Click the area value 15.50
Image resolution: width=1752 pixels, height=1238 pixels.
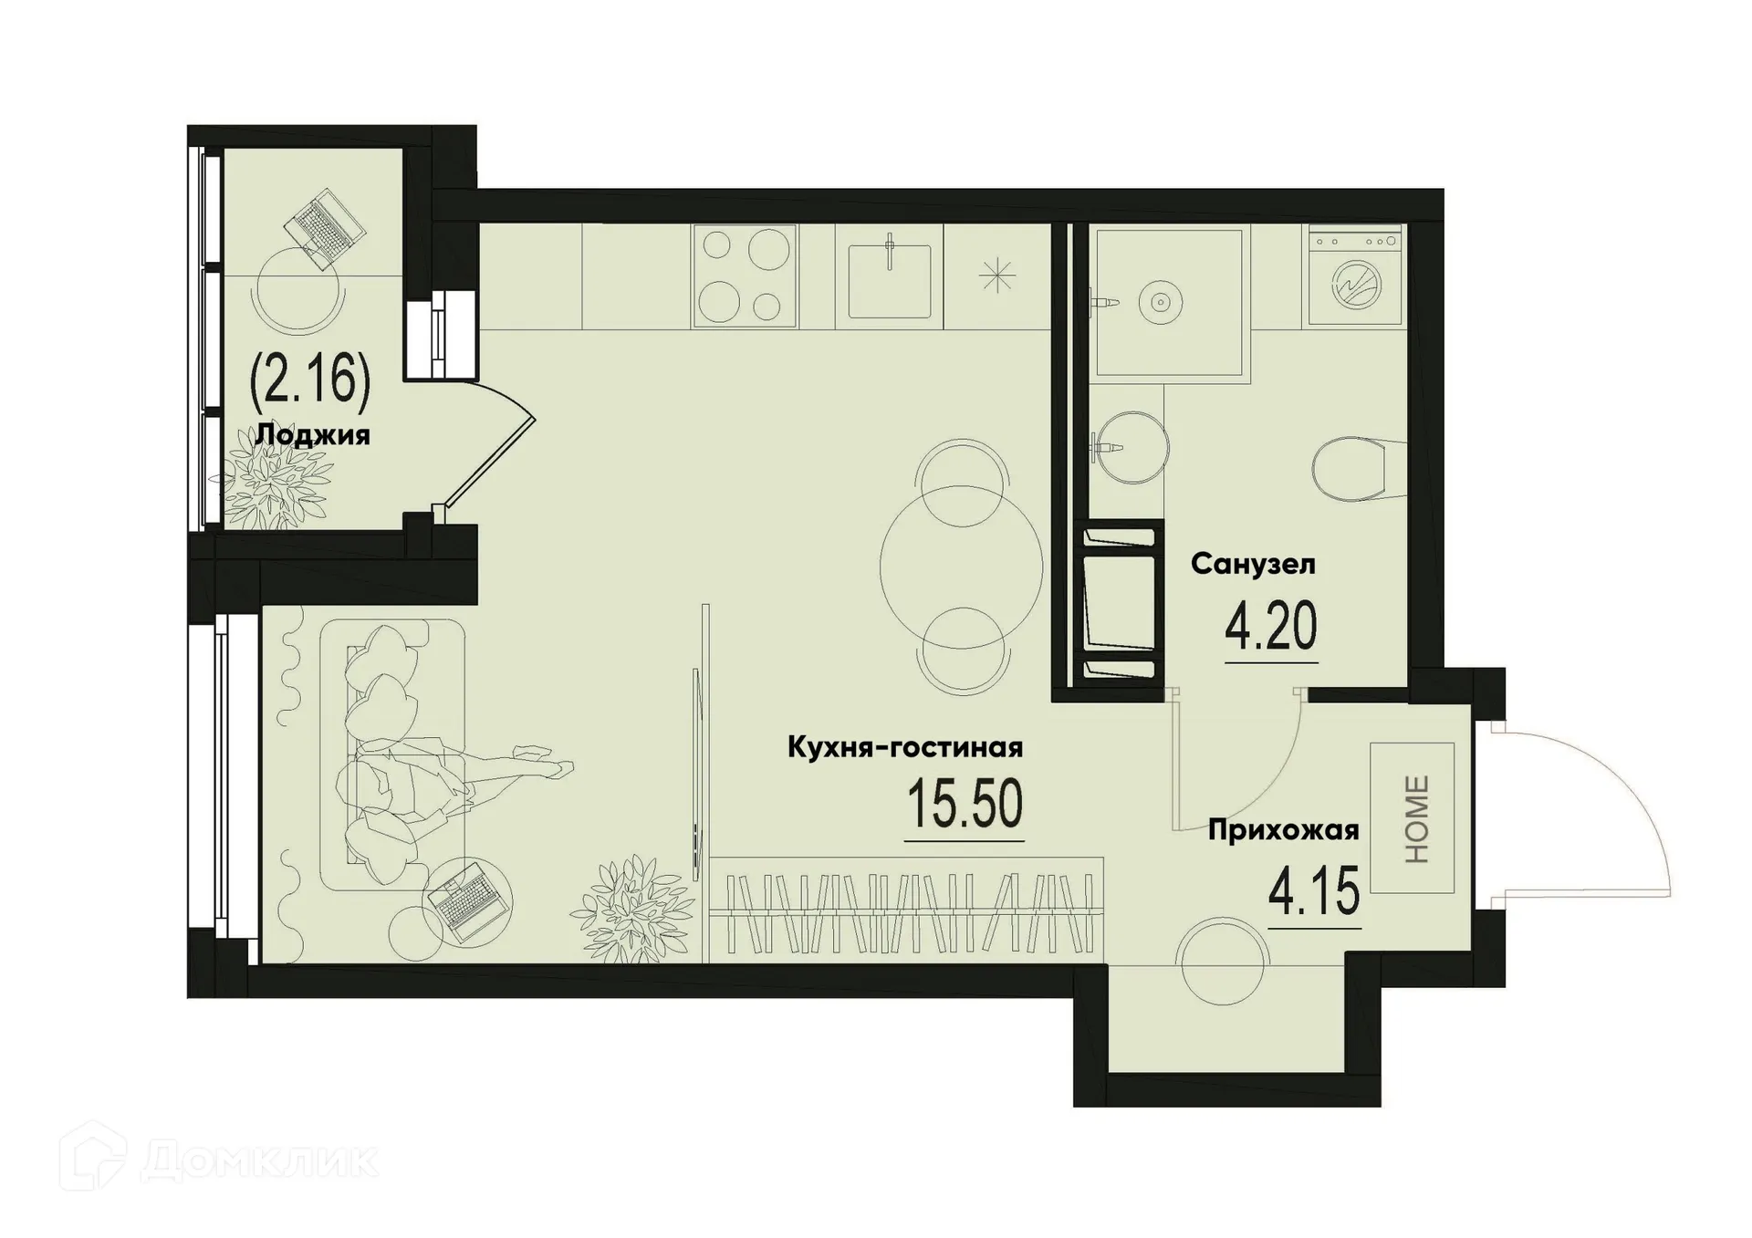click(965, 805)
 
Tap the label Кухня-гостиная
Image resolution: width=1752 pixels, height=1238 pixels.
click(904, 748)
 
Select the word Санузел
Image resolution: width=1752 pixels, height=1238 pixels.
click(1253, 565)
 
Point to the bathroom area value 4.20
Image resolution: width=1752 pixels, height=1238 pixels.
click(1271, 628)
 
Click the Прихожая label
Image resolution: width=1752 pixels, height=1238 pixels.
click(1283, 830)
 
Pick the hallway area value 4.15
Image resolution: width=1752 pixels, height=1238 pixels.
click(1314, 892)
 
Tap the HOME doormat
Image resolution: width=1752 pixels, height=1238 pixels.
click(1412, 818)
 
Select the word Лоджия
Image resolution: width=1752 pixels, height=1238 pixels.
click(312, 434)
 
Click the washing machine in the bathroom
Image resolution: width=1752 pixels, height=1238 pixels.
click(1355, 276)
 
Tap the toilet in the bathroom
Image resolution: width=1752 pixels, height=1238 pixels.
click(1358, 468)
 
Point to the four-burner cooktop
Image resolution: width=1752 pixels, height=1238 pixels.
click(745, 276)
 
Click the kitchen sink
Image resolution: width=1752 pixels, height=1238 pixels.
click(890, 276)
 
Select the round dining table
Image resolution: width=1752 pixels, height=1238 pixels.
click(961, 567)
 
